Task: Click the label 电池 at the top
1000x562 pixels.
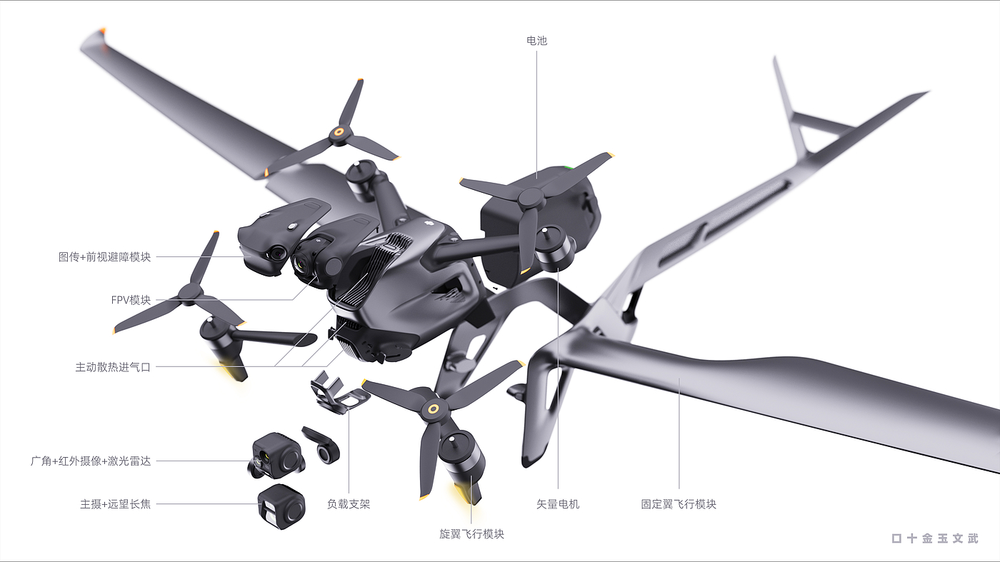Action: [536, 41]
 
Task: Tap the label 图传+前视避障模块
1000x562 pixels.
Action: [104, 256]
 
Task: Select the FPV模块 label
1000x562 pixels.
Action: [131, 300]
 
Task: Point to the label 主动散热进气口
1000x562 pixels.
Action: [113, 367]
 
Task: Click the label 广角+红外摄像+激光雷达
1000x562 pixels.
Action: [91, 461]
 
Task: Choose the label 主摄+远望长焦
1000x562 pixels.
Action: [115, 504]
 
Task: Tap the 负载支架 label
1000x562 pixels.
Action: [349, 504]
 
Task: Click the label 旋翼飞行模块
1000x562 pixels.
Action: [471, 534]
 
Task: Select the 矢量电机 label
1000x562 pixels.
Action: [558, 504]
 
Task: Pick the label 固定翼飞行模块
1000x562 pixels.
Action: [679, 504]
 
